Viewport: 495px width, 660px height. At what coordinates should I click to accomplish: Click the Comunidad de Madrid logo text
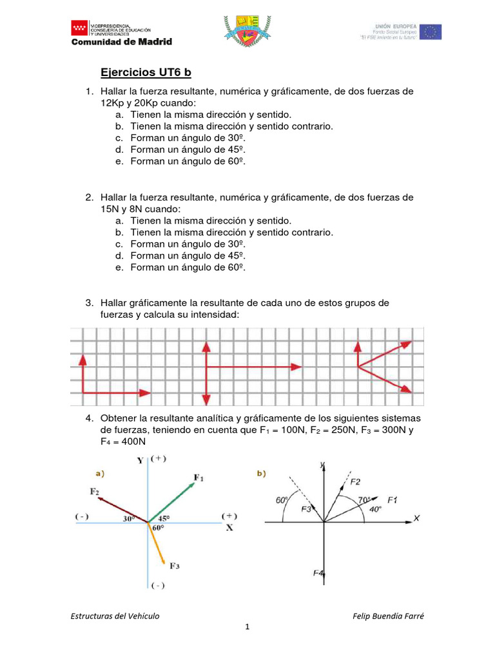click(x=121, y=42)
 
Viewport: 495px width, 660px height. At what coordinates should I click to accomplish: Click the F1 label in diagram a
click(x=199, y=478)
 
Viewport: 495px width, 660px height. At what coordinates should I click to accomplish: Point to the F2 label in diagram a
click(x=95, y=492)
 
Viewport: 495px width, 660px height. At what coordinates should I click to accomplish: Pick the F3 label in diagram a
click(x=175, y=566)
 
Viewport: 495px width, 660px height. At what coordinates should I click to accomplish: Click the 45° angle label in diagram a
click(x=164, y=517)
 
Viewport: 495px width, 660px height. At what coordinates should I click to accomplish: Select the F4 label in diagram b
click(x=318, y=573)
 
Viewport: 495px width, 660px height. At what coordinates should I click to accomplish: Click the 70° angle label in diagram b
click(x=365, y=499)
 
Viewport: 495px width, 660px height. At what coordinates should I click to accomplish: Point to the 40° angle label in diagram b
click(x=375, y=509)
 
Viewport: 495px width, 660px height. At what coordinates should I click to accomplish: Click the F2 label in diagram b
click(x=355, y=481)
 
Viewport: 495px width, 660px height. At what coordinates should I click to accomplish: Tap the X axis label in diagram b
click(x=417, y=518)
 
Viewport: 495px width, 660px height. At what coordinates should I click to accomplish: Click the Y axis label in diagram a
click(x=140, y=460)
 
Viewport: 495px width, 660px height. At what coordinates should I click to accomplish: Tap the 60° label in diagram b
click(x=281, y=500)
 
